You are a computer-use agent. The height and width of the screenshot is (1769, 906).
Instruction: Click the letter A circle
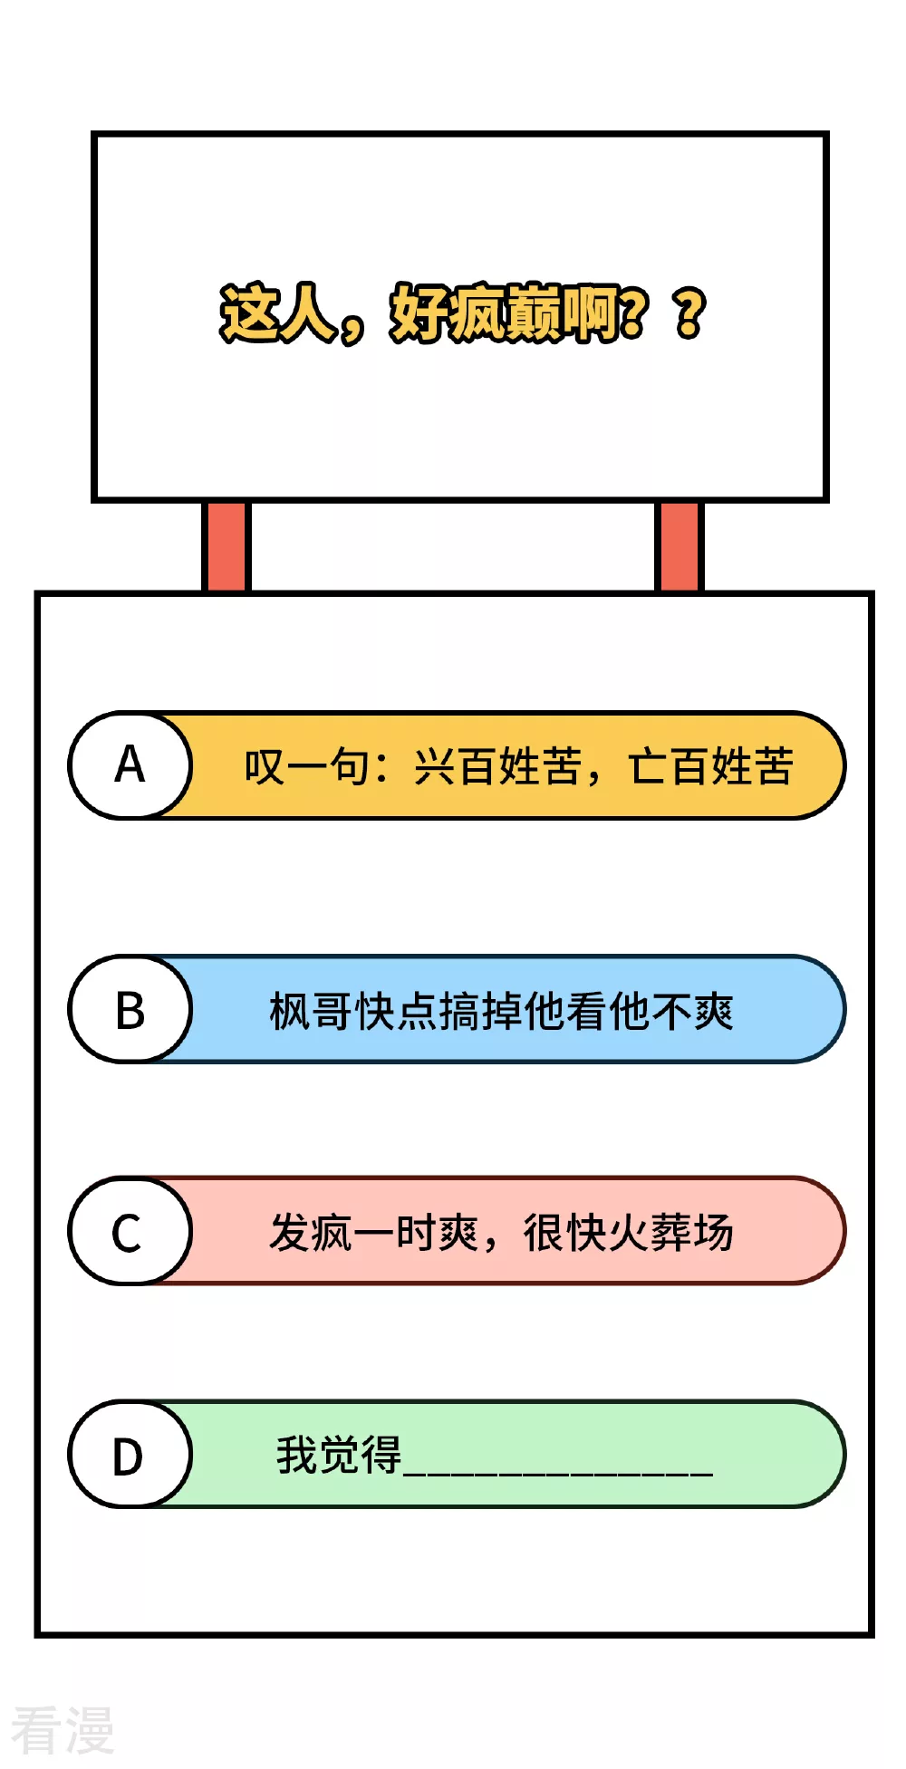(x=130, y=765)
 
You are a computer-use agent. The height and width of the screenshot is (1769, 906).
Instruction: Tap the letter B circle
(x=130, y=1009)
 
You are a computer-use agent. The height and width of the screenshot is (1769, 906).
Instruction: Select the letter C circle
(x=130, y=1231)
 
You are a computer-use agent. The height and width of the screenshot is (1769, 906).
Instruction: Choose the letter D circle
(x=130, y=1455)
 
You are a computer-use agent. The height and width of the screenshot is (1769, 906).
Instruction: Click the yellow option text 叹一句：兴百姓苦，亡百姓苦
(x=519, y=766)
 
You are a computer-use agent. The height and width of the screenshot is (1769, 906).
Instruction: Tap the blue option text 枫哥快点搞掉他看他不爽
(x=501, y=1011)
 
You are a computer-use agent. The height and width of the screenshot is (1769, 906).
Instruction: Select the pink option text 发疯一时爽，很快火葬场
(x=501, y=1233)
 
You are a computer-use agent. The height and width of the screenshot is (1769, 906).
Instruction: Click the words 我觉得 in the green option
(x=339, y=1455)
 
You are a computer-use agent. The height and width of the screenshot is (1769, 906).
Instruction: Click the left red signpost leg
(x=226, y=546)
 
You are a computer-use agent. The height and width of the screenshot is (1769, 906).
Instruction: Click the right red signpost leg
(x=679, y=546)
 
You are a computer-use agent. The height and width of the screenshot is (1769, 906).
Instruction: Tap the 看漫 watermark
(x=62, y=1730)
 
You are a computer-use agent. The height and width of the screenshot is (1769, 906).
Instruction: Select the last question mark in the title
(x=690, y=313)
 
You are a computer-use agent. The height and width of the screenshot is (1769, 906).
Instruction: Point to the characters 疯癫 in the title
(x=505, y=313)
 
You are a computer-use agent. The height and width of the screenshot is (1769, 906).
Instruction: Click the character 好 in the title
(x=419, y=313)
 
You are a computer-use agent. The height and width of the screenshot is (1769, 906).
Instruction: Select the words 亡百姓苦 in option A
(x=711, y=766)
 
